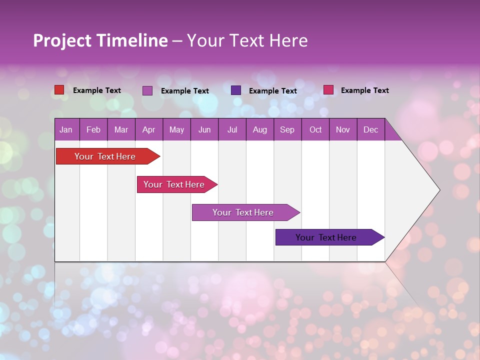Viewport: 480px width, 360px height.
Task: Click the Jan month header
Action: pos(66,129)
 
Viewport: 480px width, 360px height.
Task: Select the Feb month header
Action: pos(93,129)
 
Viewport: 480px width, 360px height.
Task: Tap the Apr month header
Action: pos(148,129)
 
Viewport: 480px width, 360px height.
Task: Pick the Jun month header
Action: pos(204,129)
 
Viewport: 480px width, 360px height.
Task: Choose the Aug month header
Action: pos(259,129)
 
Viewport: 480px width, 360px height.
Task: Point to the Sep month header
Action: pos(287,129)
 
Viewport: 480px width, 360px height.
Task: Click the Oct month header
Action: pos(315,129)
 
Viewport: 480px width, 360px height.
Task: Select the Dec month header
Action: pos(370,129)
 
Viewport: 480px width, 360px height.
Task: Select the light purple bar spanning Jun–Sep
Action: pos(243,212)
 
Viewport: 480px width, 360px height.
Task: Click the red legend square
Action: pos(59,90)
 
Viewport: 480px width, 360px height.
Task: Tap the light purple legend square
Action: pos(147,90)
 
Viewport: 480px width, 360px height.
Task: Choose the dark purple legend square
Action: pos(236,90)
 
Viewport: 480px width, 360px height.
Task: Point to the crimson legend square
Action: pos(328,90)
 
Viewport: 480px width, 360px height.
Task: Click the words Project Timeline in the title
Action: pos(100,40)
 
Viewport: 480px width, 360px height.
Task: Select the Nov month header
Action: pos(343,129)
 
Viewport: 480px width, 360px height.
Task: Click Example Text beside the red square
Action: pos(97,90)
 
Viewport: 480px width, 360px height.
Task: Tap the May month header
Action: pos(176,129)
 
